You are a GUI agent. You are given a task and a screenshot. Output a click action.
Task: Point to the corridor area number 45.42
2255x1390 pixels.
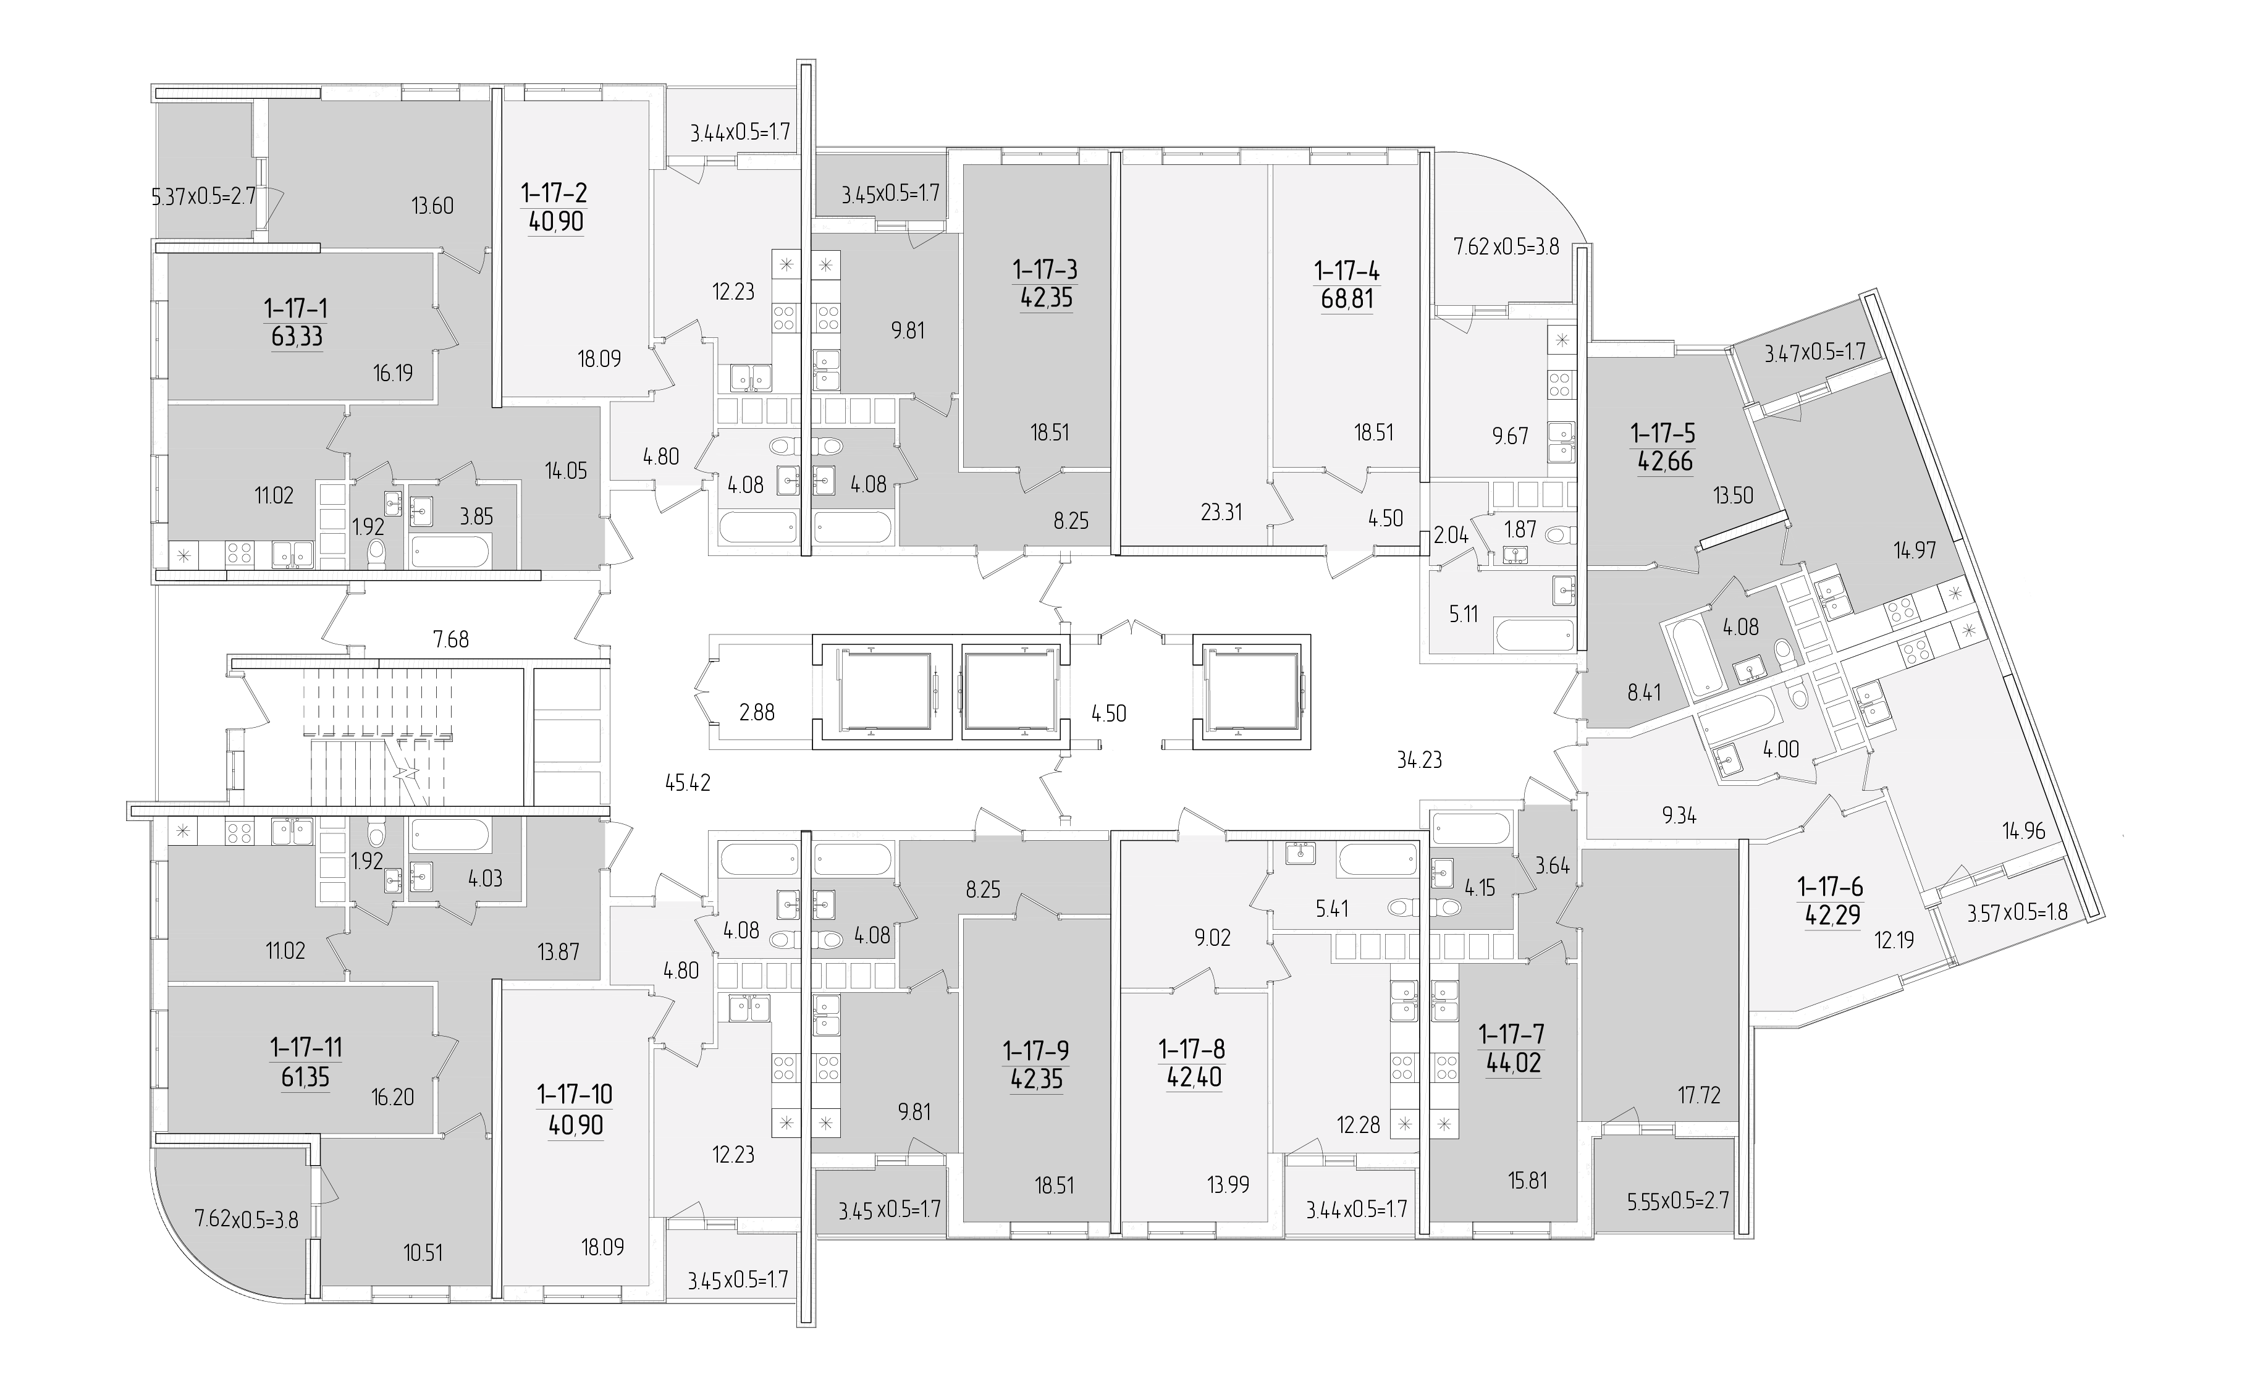pos(688,783)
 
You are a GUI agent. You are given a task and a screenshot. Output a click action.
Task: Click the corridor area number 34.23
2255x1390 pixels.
pos(1418,759)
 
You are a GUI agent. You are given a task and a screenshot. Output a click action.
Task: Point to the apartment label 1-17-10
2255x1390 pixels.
pos(575,1095)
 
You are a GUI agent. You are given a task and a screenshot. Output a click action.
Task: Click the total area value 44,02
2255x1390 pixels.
pos(1513,1064)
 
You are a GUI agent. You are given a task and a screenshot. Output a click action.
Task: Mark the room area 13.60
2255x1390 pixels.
pos(432,206)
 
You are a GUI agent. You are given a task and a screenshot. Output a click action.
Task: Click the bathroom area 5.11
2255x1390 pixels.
pos(1464,613)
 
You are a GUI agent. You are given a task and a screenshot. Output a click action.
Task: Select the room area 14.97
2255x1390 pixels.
pos(1915,550)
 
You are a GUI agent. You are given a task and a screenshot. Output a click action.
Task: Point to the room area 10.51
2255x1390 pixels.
pos(423,1252)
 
